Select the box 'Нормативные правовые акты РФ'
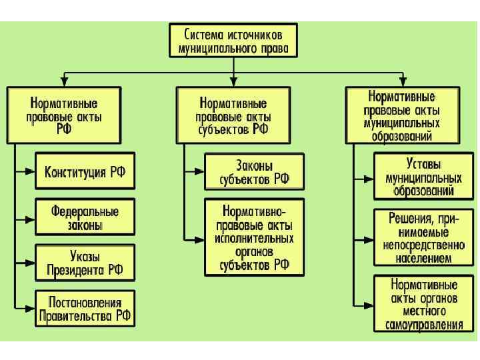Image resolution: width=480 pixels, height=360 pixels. coord(64,115)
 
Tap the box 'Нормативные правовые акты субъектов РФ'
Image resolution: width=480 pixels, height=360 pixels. coord(233,115)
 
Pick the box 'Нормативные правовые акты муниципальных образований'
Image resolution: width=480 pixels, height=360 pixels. coord(402,115)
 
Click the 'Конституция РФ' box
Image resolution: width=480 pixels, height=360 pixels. coord(85,172)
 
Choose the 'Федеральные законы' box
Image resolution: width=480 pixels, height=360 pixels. coord(85,217)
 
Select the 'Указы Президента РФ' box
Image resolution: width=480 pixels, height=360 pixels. coord(85,263)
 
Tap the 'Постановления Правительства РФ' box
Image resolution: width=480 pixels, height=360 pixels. coord(85,308)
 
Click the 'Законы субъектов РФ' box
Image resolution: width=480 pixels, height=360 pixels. coord(253,172)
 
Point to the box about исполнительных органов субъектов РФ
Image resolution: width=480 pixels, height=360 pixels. coord(253,237)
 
